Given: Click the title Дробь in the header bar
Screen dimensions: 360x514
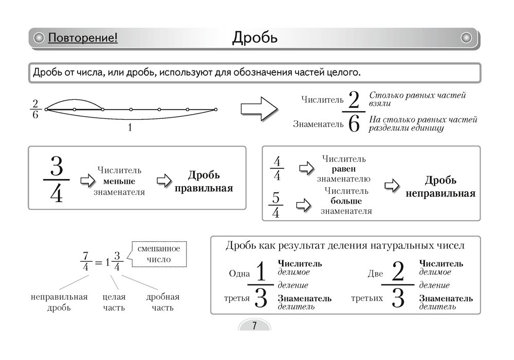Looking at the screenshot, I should coord(255,38).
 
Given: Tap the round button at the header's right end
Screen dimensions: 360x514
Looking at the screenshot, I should coord(466,38).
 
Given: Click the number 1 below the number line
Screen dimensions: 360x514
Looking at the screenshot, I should coord(130,128).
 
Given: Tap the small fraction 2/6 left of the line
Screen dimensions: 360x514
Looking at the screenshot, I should coord(35,110).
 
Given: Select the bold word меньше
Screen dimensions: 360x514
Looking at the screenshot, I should coord(119,181).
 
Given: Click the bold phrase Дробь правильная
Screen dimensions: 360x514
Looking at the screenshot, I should coord(204,182).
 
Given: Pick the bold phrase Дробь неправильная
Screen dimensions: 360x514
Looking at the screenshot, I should coord(440,187).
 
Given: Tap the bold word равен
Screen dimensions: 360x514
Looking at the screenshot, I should coord(343,169).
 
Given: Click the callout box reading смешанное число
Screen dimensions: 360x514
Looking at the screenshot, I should coord(159,254).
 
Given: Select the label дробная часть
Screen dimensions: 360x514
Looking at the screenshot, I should coord(163,302).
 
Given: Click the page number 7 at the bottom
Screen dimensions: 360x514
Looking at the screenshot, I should coord(254,326).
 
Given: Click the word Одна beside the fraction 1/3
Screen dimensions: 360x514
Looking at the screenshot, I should coord(238,274).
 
